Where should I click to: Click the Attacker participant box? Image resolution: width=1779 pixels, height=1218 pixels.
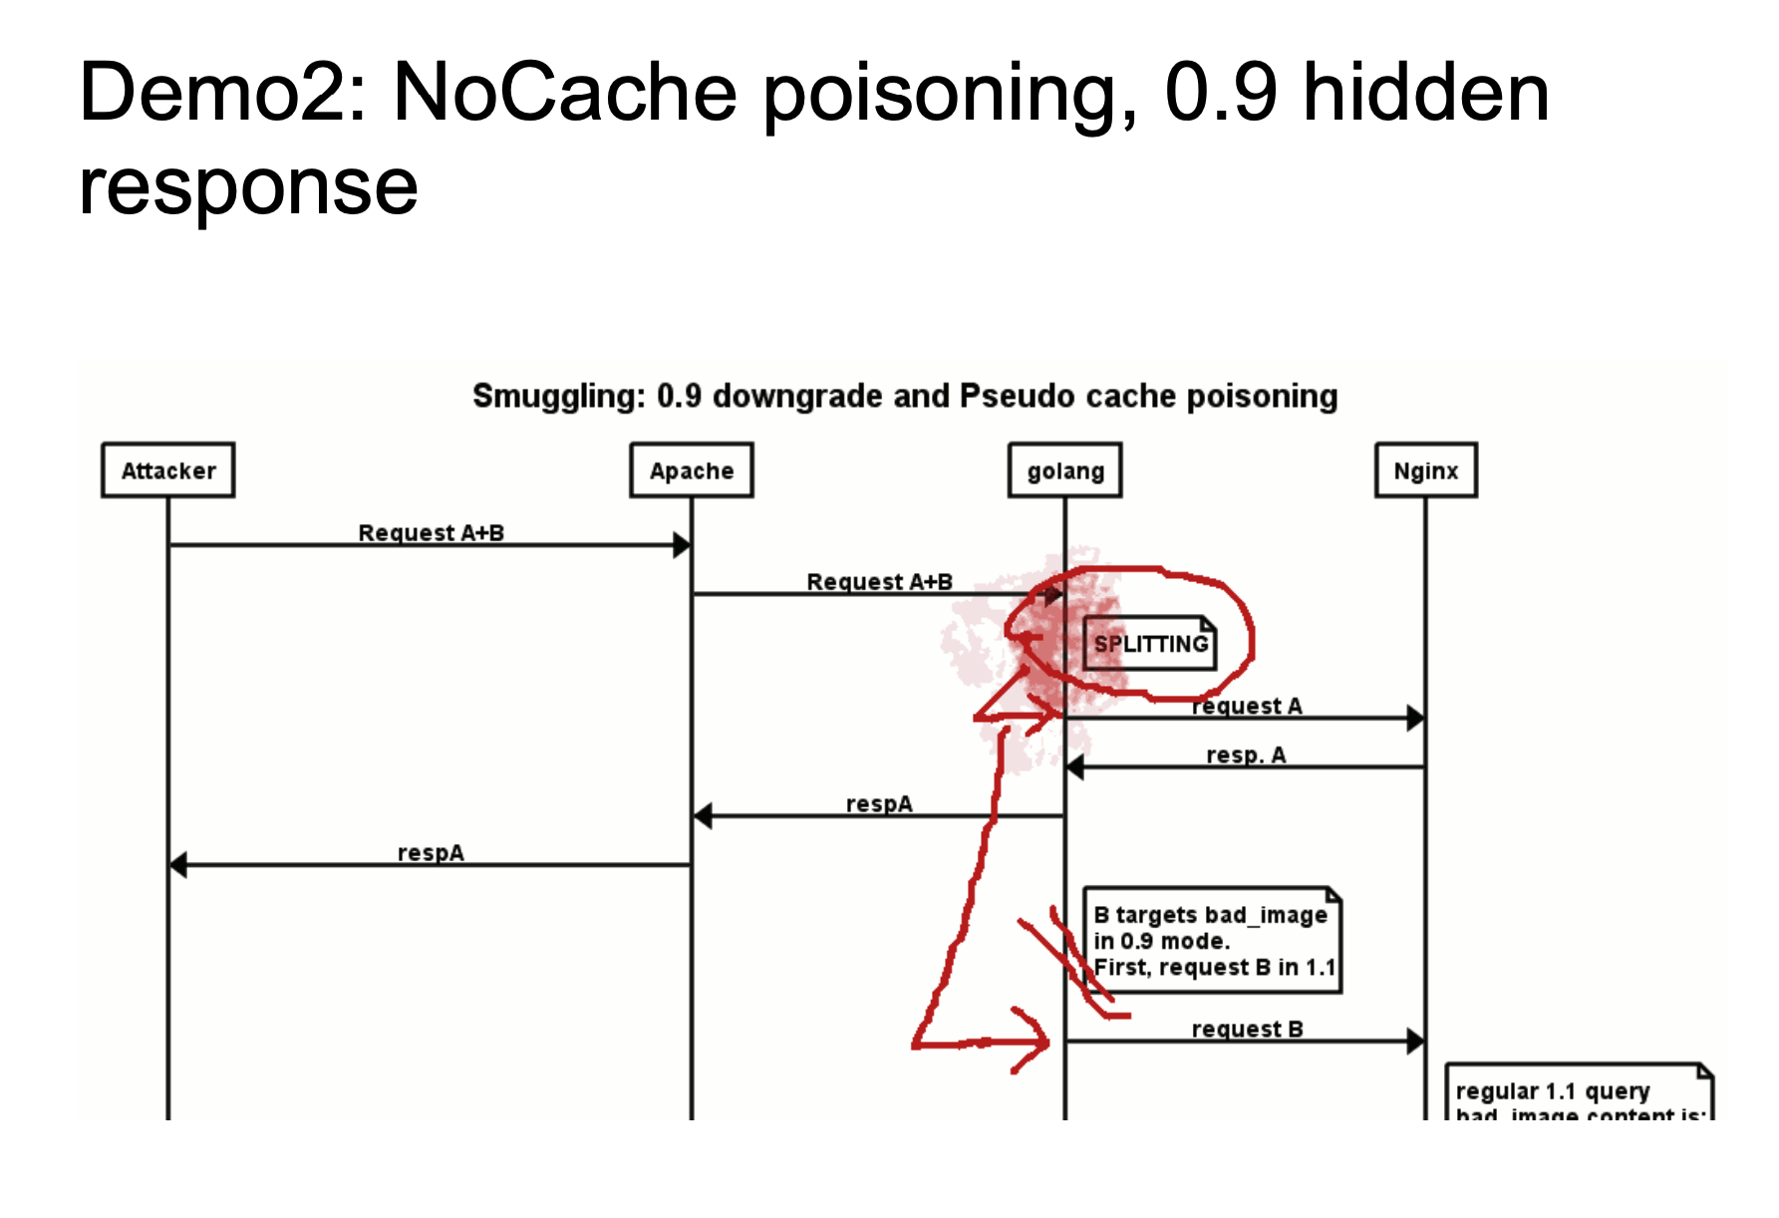tap(168, 470)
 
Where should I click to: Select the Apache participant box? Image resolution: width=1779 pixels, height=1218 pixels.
tap(692, 470)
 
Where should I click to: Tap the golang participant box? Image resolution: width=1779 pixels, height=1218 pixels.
tap(1064, 470)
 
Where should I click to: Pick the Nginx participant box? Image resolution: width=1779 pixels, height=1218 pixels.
tap(1425, 470)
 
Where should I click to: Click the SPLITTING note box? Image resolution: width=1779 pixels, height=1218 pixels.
tap(1150, 644)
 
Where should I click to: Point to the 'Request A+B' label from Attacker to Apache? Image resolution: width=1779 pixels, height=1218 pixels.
tap(431, 533)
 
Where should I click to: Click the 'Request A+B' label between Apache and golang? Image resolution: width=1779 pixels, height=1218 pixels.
tap(879, 582)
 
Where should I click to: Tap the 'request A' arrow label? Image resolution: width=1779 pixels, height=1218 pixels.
tap(1247, 707)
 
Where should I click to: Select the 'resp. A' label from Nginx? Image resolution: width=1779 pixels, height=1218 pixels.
tap(1246, 756)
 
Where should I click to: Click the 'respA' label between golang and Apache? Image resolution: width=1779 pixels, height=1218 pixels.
tap(879, 804)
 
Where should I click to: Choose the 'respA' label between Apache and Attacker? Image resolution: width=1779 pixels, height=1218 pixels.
tap(431, 853)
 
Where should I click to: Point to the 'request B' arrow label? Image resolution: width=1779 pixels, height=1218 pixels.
tap(1247, 1030)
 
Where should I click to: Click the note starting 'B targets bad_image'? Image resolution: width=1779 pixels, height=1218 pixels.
tap(1212, 941)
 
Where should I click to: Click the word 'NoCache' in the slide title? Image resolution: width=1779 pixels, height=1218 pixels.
tap(565, 93)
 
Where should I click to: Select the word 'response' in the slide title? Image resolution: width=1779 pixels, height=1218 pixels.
tap(248, 186)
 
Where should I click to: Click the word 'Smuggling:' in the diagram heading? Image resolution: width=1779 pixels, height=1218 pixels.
tap(558, 396)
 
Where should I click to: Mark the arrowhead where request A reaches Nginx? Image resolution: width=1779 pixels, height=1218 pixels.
tap(1415, 718)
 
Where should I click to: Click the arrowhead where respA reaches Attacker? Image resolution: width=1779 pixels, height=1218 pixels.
tap(178, 865)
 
